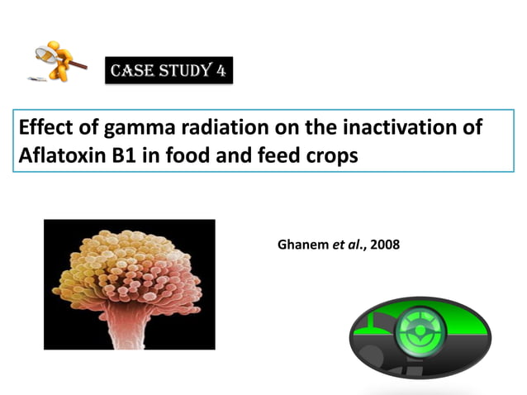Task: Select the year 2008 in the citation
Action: pyautogui.click(x=385, y=245)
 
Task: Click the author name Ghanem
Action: pyautogui.click(x=303, y=245)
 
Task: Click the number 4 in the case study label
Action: pyautogui.click(x=221, y=70)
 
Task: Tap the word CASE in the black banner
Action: pyautogui.click(x=131, y=71)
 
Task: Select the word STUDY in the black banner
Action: pyautogui.click(x=183, y=71)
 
